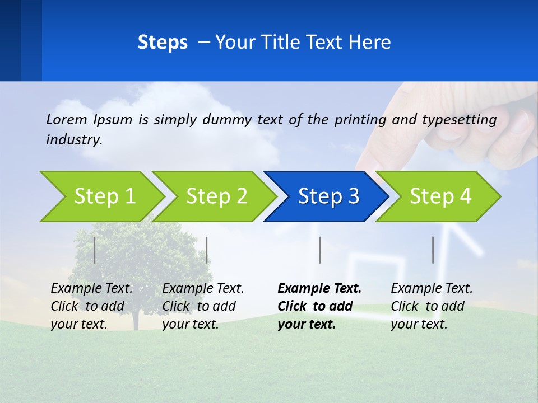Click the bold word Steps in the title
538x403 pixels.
pos(163,43)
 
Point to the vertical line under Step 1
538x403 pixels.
pos(95,250)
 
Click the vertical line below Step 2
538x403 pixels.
pos(207,250)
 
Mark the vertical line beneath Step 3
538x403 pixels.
pos(319,250)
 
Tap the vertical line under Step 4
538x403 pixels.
pos(433,250)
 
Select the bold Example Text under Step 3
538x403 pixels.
pos(319,289)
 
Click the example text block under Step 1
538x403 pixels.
pos(91,306)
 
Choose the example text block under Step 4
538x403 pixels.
pos(432,306)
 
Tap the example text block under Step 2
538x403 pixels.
pos(203,306)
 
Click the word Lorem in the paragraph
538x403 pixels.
pos(67,120)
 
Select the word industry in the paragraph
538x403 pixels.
pos(73,140)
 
